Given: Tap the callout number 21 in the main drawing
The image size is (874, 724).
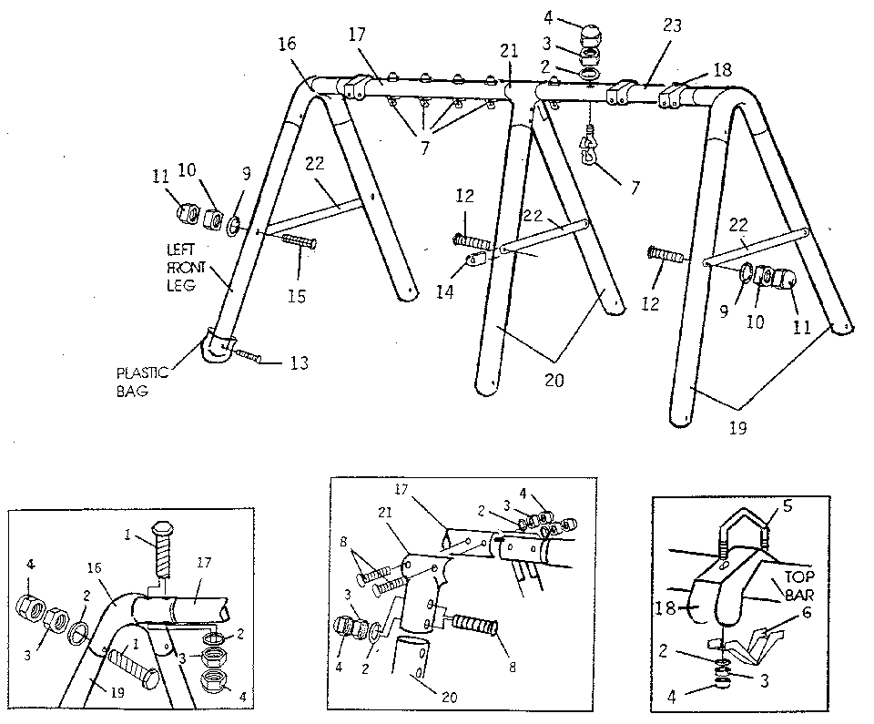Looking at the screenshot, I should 509,52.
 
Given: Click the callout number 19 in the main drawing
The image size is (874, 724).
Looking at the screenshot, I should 737,425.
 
